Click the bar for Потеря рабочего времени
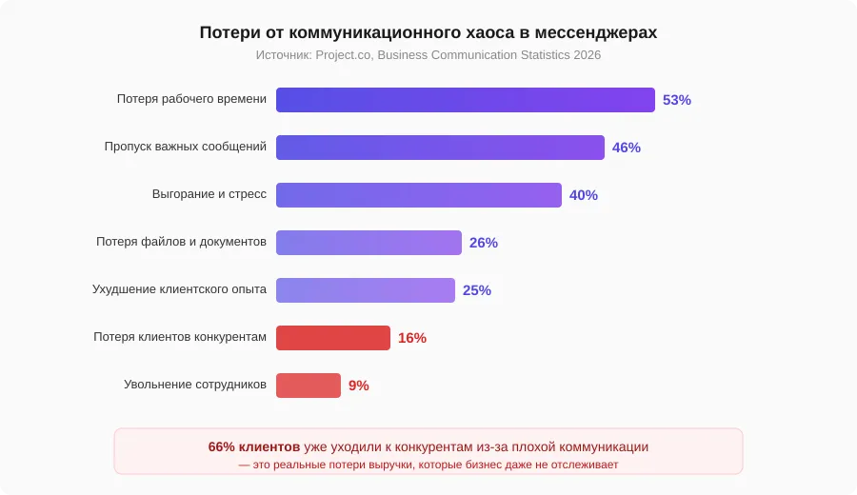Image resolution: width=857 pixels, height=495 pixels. coord(465,100)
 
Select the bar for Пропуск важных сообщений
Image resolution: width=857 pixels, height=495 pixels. coord(440,148)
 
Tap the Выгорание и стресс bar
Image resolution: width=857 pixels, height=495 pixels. coord(419,195)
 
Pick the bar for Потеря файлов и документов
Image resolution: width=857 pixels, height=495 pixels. coord(369,243)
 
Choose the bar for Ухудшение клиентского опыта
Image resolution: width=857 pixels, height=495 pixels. coord(366,290)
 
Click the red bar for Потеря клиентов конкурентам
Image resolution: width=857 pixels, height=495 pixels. coord(333,338)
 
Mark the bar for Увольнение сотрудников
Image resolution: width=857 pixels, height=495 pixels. coord(309,386)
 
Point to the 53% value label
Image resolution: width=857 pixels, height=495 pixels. coord(677,100)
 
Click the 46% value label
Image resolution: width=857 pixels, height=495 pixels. coord(627,148)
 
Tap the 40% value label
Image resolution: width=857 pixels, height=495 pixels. coord(584,195)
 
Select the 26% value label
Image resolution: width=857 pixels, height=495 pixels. coord(484,243)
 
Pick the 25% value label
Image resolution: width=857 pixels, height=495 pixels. coord(477,290)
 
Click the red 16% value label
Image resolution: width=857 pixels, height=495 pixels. coord(412,338)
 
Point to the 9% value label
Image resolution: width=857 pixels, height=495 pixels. coord(359,386)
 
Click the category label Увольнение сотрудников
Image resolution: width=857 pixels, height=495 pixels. coord(195,385)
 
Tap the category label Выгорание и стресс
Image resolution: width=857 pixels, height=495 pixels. coord(209,194)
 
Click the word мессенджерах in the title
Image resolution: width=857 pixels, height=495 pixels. coord(596,33)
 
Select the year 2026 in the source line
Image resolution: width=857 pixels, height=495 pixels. coord(587,55)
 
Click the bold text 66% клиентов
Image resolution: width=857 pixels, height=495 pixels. coord(254,446)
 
